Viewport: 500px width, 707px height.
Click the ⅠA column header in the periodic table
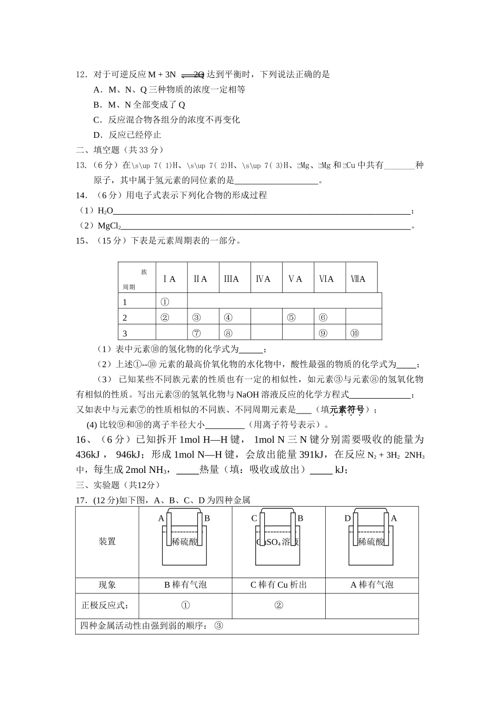pos(169,279)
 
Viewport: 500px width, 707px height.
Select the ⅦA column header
pos(358,279)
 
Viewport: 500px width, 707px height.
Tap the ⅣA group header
pos(263,279)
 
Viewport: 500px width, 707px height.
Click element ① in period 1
pos(164,302)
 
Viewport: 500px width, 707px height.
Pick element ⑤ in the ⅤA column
pos(291,317)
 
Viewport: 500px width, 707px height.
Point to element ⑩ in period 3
pos(354,333)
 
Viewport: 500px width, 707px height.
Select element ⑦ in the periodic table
pos(196,333)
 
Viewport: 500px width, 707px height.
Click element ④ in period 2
pos(228,317)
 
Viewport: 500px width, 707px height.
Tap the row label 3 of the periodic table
pos(125,334)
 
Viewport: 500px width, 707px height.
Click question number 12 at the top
pos(82,75)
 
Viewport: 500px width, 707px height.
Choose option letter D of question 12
pos(97,135)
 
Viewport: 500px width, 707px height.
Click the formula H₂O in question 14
pos(105,211)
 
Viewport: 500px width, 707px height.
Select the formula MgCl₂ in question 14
pos(109,226)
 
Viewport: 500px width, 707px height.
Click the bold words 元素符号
pos(347,409)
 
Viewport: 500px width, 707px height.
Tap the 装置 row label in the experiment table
pos(107,542)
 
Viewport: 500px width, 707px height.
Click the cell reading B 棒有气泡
pos(186,585)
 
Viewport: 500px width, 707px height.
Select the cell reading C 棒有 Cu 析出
pos(278,585)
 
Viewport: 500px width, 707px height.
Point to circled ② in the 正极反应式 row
pos(279,605)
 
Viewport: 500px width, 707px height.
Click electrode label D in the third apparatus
pos(347,519)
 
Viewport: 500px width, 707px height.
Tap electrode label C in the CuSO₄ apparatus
pos(254,519)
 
